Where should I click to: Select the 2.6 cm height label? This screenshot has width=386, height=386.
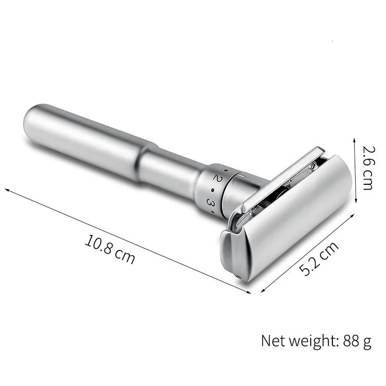point(368,167)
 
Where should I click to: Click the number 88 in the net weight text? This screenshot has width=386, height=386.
point(350,341)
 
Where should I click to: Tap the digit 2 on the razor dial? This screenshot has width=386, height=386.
point(217,179)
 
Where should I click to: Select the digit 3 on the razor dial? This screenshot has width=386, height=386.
point(210,203)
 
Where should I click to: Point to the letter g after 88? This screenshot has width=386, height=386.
point(367,342)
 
